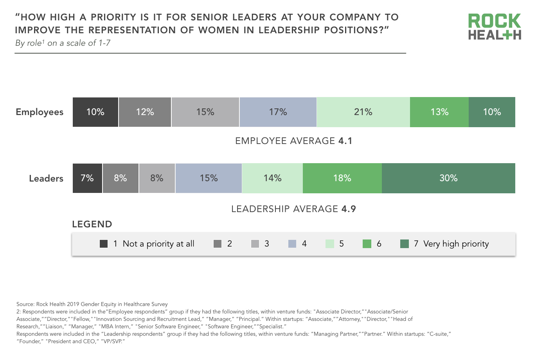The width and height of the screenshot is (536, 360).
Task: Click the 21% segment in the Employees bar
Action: (x=363, y=112)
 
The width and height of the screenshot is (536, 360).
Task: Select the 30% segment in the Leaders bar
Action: (x=448, y=178)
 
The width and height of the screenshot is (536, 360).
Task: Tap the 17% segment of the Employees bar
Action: (x=278, y=112)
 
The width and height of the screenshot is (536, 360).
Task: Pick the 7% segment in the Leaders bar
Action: (x=87, y=178)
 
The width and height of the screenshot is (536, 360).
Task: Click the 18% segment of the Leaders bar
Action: (x=342, y=178)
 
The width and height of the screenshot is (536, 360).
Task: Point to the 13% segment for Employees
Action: (x=439, y=112)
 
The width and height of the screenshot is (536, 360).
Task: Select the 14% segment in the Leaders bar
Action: (x=272, y=178)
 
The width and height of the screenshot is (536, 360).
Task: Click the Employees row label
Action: (x=40, y=112)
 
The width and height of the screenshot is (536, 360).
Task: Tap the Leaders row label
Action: (x=46, y=178)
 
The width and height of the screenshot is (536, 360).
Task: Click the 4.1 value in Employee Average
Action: (x=345, y=141)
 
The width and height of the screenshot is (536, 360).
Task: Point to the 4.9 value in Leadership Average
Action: (x=349, y=209)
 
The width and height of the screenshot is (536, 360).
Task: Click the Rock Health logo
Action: (x=495, y=27)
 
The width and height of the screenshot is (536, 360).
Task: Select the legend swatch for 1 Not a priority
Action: (x=104, y=244)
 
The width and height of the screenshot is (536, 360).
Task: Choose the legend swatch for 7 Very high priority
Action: (x=405, y=244)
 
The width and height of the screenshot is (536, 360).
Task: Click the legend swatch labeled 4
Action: (x=292, y=244)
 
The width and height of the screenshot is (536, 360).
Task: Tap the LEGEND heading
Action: (x=92, y=224)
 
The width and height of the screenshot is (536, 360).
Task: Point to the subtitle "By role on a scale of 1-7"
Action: (x=63, y=43)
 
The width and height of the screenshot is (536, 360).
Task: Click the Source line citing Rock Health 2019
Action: (x=92, y=304)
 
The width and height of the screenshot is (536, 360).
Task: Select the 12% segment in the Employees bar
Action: (x=145, y=112)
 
